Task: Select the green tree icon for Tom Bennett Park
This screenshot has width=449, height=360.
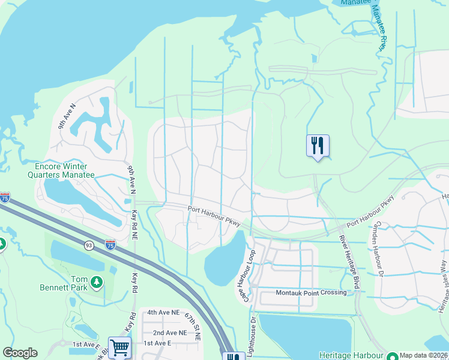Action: tap(96, 281)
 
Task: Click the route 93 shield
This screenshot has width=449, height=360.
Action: tap(88, 245)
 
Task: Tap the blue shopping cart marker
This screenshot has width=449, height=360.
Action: tap(119, 348)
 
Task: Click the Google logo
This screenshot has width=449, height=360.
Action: tap(20, 353)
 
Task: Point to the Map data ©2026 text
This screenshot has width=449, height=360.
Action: tap(423, 355)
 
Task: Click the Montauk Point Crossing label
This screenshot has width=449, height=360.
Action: tap(311, 293)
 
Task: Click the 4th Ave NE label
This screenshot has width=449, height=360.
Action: tap(164, 313)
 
